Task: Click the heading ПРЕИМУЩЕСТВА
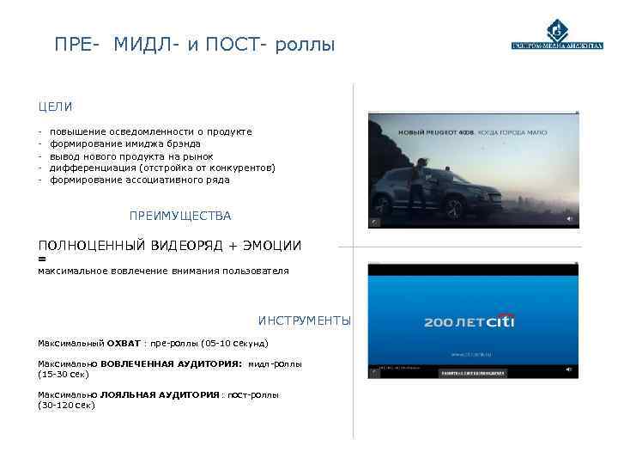click(x=179, y=216)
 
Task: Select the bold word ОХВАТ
click(x=124, y=343)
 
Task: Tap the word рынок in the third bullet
click(x=198, y=156)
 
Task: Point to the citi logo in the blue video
click(x=500, y=321)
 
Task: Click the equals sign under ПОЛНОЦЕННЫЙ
click(x=42, y=258)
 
